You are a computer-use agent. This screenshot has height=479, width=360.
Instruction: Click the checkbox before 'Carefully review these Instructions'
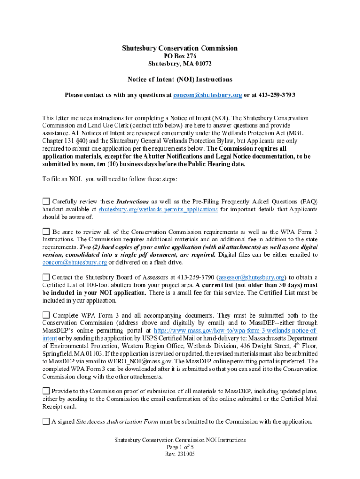46,201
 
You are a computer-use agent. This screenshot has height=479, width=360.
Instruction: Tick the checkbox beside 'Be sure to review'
46,232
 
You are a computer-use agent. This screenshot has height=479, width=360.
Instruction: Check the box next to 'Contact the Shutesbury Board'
46,277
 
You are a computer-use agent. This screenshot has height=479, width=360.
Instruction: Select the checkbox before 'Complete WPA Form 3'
46,315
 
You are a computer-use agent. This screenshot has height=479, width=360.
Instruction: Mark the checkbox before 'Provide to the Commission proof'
46,391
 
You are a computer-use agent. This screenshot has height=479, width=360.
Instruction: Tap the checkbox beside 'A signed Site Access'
46,421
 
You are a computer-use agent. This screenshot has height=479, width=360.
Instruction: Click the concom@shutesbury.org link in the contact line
208,95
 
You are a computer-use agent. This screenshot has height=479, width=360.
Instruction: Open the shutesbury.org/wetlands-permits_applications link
158,210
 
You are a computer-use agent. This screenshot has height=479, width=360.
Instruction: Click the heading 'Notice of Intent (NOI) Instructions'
180,80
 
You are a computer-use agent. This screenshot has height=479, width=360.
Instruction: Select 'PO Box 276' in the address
180,56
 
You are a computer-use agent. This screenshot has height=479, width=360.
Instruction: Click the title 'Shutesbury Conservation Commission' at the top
180,48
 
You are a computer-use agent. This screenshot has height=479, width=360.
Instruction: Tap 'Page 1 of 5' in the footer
180,447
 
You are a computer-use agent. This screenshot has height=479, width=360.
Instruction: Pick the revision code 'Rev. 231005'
180,454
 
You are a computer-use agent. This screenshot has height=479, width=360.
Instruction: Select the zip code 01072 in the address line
202,64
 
